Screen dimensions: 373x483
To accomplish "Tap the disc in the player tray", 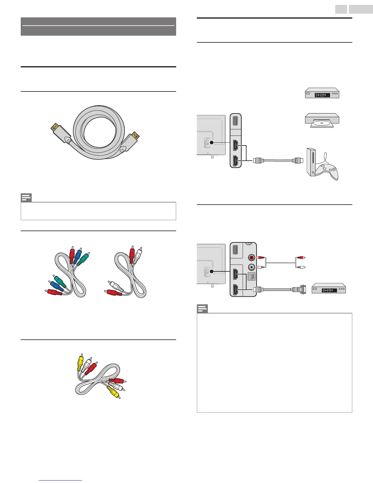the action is [322, 124].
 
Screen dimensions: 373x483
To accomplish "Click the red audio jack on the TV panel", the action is [251, 258].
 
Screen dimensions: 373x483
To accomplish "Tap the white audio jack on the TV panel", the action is [251, 267].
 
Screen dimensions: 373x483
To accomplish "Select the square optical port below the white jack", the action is [251, 276].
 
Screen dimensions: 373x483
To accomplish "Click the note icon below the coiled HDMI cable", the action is [26, 198].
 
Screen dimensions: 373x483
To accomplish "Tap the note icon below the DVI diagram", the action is [202, 309].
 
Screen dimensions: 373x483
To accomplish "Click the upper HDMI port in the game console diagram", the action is [236, 146].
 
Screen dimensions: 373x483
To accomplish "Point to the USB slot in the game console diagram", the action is [236, 120].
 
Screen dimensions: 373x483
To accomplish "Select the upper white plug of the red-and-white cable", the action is [139, 254].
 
